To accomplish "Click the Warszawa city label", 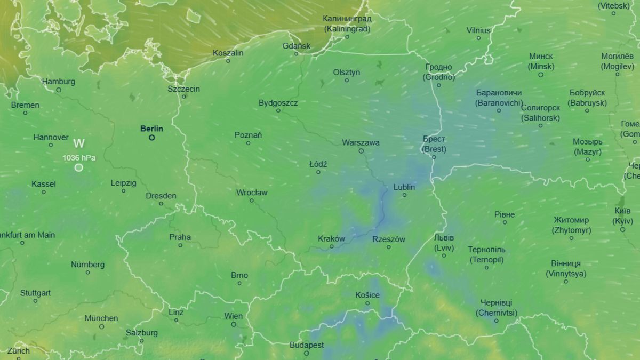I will pos(361,142).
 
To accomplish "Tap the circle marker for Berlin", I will pos(151,138).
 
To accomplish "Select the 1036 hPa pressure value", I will pos(79,157).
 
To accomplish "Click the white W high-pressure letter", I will pos(79,143).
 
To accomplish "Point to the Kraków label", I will pos(331,238).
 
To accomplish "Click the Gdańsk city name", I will pos(296,46).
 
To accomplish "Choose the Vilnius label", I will pos(478,30).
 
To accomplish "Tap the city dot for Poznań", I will pos(249,143).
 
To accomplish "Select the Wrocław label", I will pos(252,193).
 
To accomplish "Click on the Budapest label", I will pos(306,345).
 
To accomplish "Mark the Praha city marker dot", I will pos(180,245).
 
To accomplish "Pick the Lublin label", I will pos(404,187).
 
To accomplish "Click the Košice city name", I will pos(367,295).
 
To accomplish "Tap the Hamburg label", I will pos(58,82).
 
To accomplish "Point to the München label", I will pos(101,318).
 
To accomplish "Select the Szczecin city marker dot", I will pos(184,97).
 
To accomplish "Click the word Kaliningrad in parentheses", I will pos(347,29).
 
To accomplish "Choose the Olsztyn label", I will pos(346,72).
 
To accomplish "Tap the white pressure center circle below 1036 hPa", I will pos(79,167).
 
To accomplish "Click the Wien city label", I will pos(233,316).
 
